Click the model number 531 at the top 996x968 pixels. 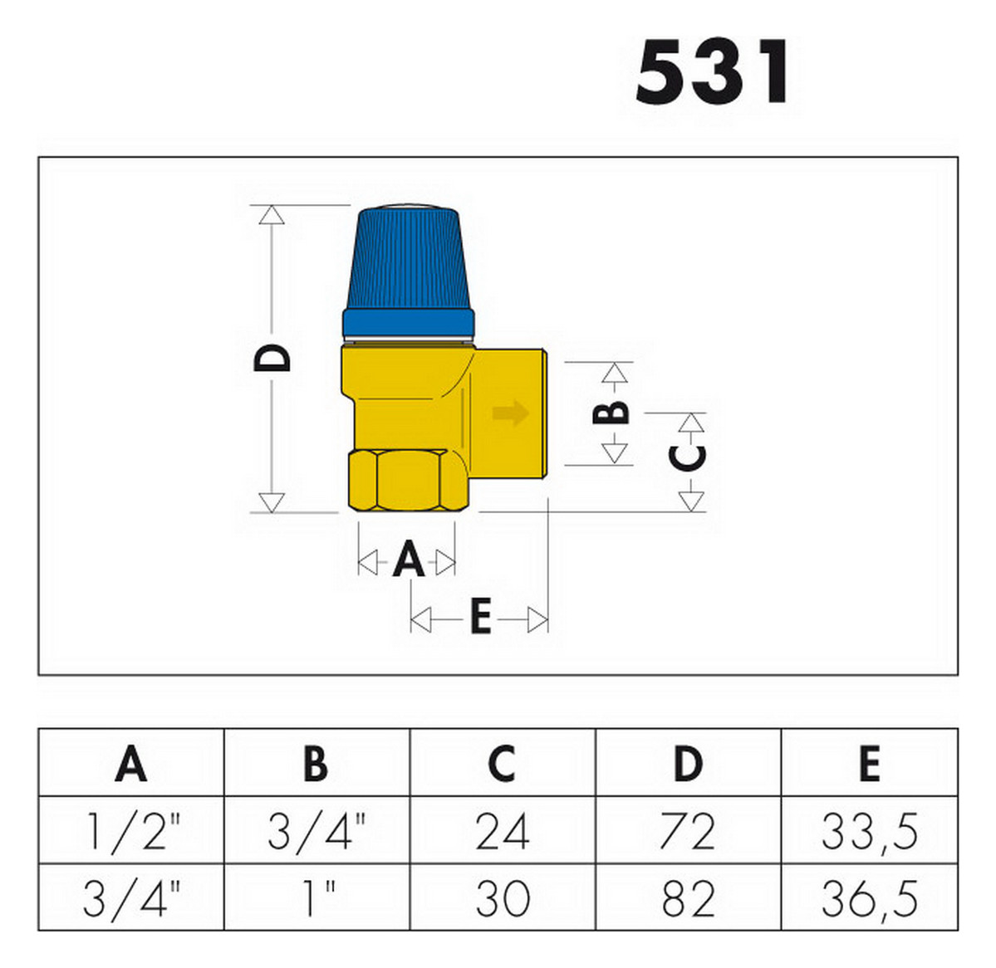(x=713, y=72)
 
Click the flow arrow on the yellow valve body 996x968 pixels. (x=509, y=413)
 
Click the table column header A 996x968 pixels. (x=131, y=764)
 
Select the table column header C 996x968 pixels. (x=502, y=764)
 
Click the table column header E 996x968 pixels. (x=869, y=764)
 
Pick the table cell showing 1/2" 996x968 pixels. (x=131, y=832)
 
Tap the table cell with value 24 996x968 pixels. (x=502, y=832)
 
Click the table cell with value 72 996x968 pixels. (x=687, y=832)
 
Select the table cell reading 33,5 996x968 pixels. (x=869, y=832)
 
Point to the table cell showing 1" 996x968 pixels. (x=317, y=898)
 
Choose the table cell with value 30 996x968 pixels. (x=502, y=898)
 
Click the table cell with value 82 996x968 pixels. (x=687, y=898)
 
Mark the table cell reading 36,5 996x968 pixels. (x=869, y=898)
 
